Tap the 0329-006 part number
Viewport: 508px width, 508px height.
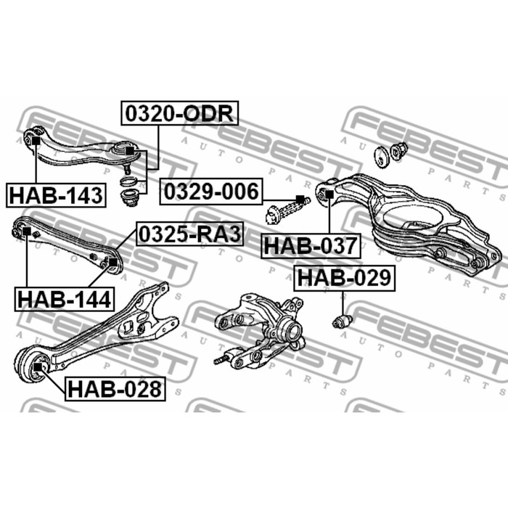210,192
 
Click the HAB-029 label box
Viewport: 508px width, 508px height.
343,277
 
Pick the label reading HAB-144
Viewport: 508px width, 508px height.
64,298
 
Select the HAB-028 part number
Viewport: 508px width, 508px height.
115,389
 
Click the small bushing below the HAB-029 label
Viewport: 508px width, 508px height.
340,320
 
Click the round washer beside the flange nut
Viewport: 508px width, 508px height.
380,155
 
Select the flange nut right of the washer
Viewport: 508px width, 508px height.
398,151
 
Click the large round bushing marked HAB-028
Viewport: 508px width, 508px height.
33,365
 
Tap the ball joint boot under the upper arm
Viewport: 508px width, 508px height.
131,197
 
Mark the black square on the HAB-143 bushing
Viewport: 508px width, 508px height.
33,140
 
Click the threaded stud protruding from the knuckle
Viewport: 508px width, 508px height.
222,359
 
